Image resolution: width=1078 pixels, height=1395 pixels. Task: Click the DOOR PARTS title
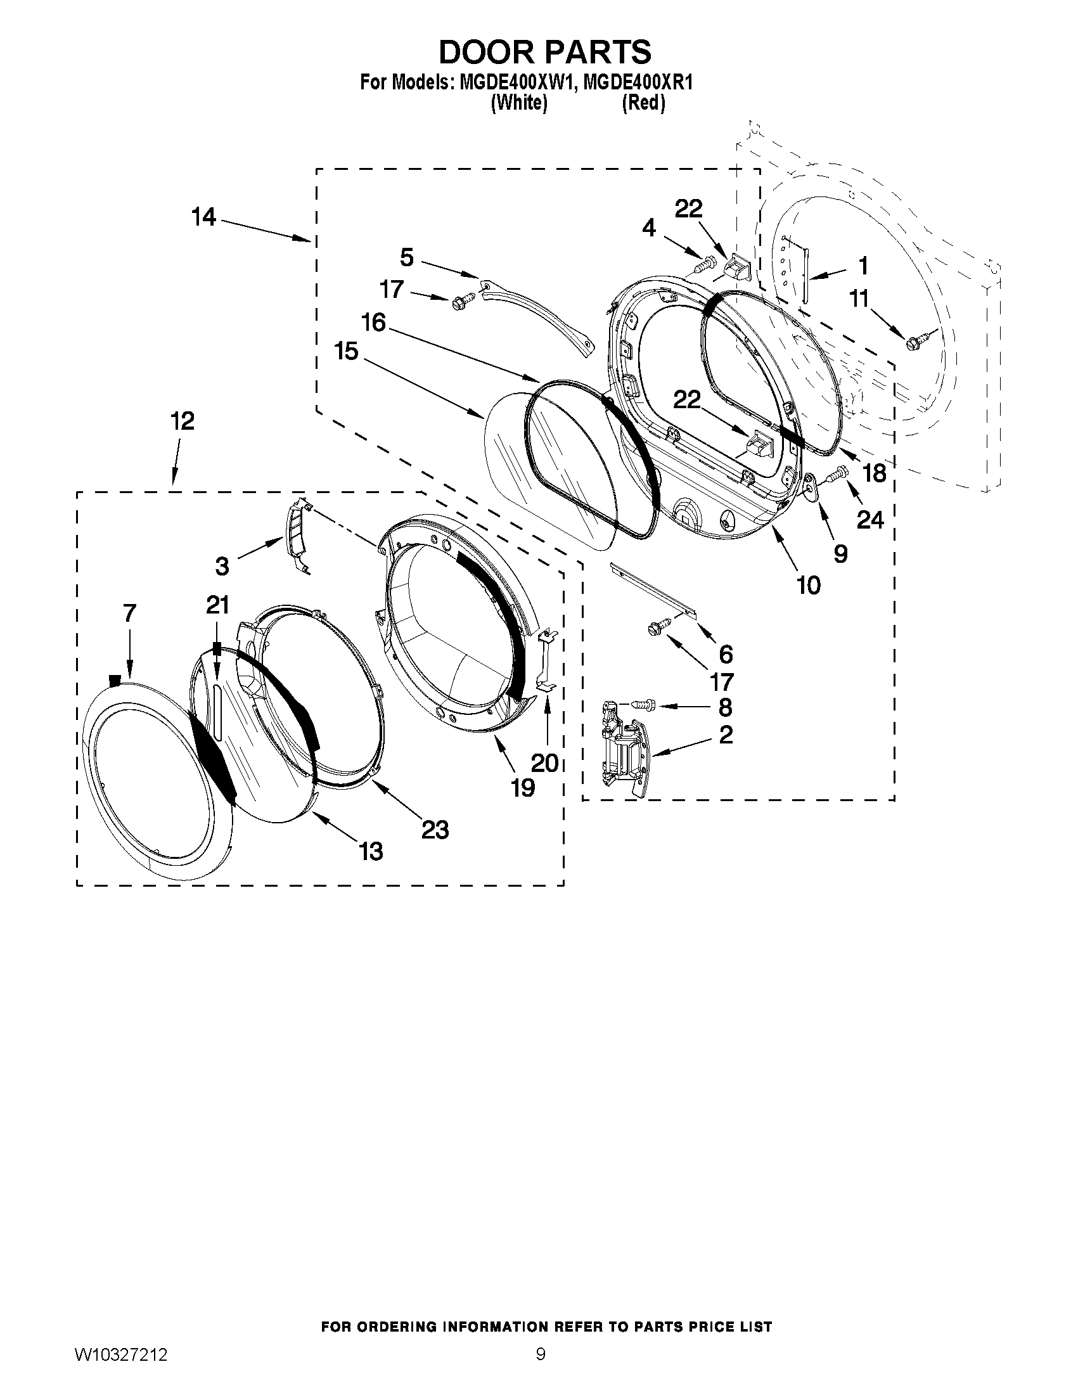coord(545,52)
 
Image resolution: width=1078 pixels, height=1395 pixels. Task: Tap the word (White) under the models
coord(518,102)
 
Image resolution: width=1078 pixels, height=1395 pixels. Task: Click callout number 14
coord(203,217)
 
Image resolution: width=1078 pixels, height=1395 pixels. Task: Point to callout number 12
coord(182,421)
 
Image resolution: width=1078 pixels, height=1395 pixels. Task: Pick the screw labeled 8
coord(641,705)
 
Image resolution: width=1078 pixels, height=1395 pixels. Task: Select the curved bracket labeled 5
coord(537,319)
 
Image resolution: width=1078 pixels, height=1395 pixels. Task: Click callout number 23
coord(435,830)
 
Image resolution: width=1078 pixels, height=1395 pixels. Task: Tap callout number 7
coord(129,613)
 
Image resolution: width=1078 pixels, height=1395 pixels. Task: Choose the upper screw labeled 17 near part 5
coord(463,301)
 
